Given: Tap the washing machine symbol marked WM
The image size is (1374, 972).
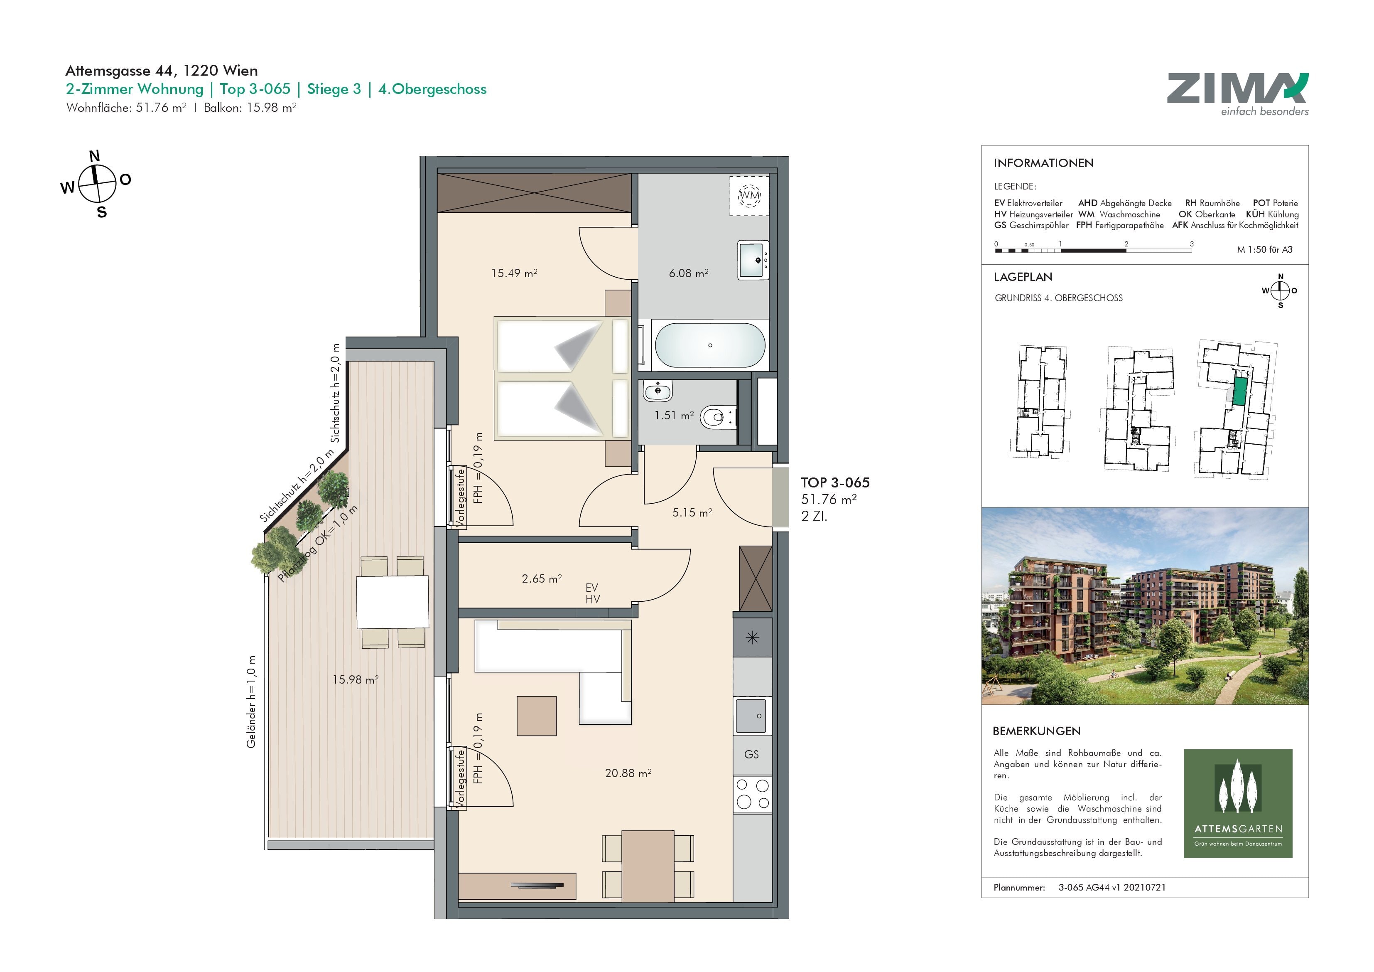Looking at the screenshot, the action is (x=748, y=196).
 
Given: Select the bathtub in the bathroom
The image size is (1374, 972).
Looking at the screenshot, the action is (x=710, y=346).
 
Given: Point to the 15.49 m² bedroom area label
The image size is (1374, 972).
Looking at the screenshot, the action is (x=514, y=273).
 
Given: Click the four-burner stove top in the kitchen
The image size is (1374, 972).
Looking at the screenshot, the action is (x=753, y=794).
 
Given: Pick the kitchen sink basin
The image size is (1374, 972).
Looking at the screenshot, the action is (x=751, y=716).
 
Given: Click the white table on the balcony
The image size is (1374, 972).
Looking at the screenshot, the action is (x=393, y=601).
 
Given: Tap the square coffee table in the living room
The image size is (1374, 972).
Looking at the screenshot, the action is (x=537, y=716).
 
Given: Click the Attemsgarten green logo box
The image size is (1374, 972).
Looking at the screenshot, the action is (x=1238, y=803).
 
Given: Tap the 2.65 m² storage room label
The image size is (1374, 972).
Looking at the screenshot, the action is (x=542, y=578).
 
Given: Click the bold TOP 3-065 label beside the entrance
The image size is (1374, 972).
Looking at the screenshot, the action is (x=835, y=483).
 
